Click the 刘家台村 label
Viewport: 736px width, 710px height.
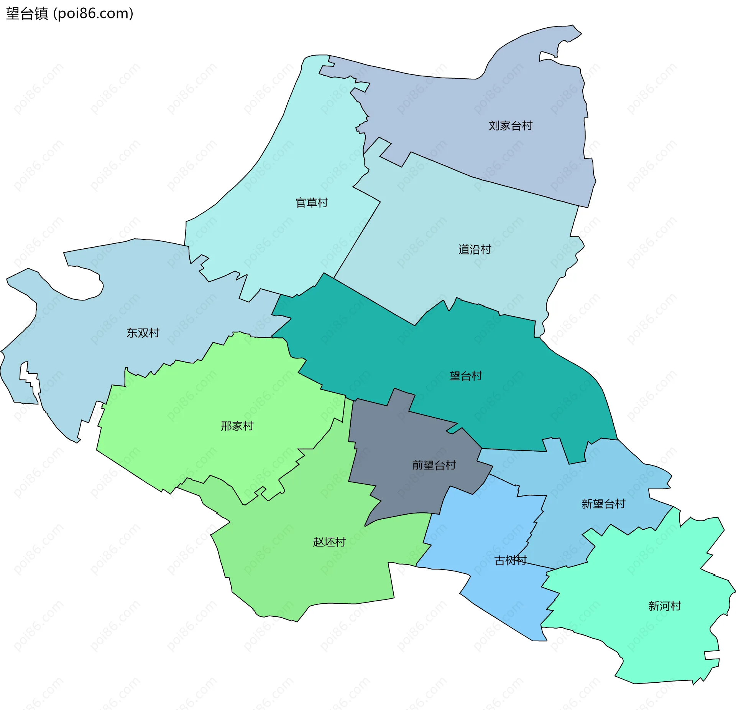tap(510, 125)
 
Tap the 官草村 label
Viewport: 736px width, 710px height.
tap(312, 203)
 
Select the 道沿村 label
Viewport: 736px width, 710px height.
tap(475, 249)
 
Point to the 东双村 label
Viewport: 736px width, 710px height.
tap(143, 333)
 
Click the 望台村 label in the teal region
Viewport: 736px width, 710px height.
tap(466, 376)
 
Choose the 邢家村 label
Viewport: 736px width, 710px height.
tap(237, 426)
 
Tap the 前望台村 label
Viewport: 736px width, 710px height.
tap(434, 465)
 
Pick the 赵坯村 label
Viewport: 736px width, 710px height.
tap(329, 542)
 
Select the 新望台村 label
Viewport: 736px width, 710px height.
tap(603, 504)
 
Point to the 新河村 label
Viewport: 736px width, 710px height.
tap(664, 606)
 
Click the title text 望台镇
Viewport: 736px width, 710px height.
tap(27, 14)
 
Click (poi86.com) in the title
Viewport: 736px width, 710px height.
tap(93, 14)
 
